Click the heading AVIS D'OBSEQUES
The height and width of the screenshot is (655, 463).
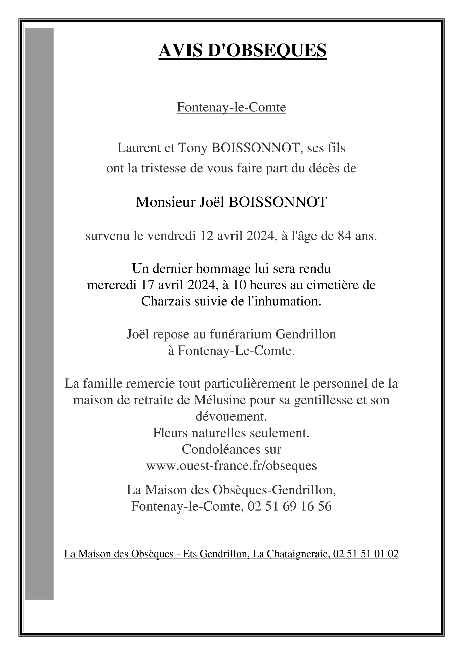click(242, 51)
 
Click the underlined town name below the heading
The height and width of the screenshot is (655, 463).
click(231, 107)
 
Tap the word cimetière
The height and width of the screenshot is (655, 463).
click(337, 285)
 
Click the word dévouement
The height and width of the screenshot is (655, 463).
click(231, 417)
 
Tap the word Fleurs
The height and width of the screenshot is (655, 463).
click(170, 433)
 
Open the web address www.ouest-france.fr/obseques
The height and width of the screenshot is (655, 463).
click(231, 466)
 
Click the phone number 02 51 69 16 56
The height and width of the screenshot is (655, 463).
click(289, 506)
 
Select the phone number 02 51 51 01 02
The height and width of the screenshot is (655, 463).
click(366, 554)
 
